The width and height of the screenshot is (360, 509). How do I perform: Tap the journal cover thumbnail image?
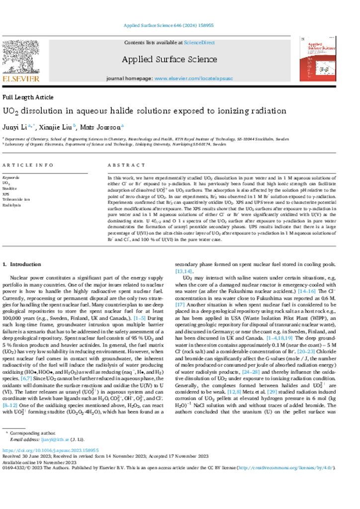click(x=318, y=59)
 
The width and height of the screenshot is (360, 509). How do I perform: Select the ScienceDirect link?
click(x=199, y=43)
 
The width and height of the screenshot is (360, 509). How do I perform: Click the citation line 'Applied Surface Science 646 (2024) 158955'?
click(x=168, y=25)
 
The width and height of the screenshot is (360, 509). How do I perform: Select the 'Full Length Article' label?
click(x=28, y=97)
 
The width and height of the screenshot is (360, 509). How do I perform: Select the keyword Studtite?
click(x=9, y=189)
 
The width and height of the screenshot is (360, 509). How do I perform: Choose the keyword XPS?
click(x=6, y=194)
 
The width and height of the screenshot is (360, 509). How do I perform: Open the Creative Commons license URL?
click(x=285, y=468)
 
